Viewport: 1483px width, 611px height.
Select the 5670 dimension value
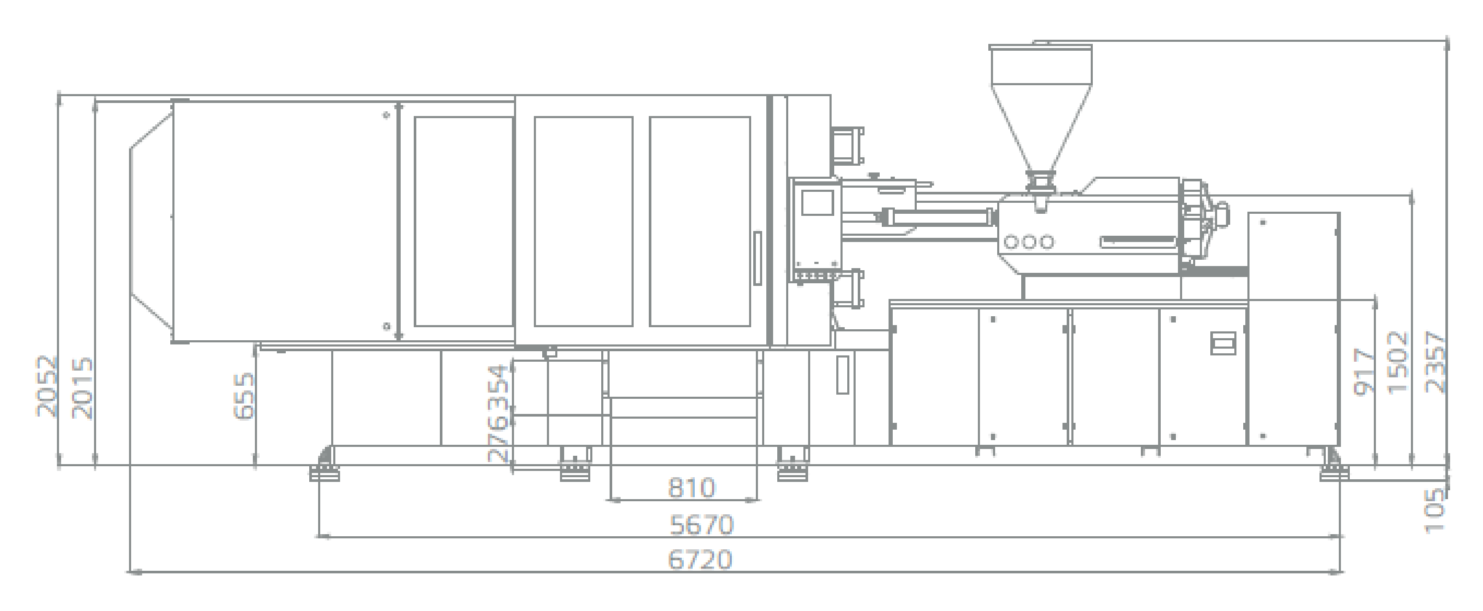702,525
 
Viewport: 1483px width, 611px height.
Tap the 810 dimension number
691,488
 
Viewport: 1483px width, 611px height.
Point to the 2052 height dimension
47,386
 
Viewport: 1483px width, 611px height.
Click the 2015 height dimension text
83,388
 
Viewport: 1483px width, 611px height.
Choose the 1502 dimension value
1399,362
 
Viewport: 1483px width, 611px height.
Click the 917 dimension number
1365,371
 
